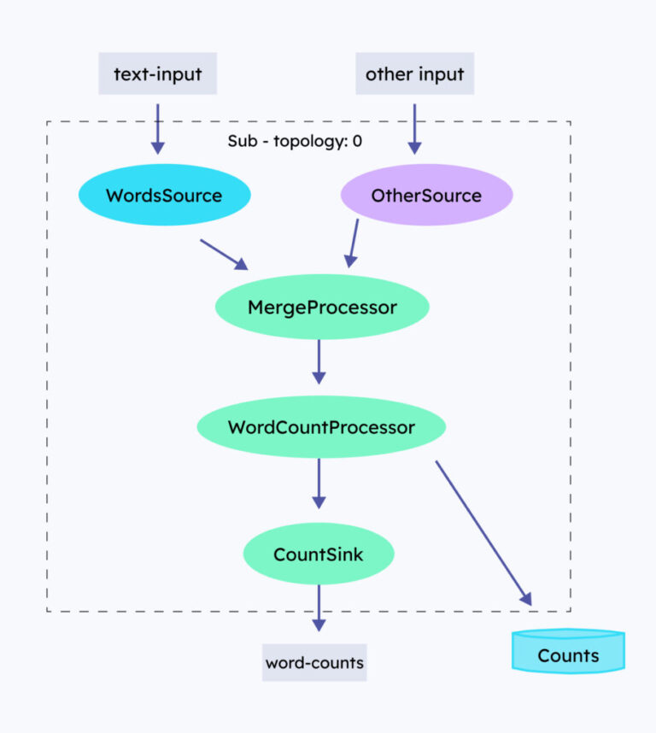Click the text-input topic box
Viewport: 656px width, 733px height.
157,73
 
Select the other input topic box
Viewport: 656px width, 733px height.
414,73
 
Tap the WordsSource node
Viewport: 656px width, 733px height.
164,196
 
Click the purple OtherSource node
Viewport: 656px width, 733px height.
426,196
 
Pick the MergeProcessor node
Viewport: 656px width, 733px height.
322,307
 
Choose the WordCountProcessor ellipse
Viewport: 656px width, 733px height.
321,426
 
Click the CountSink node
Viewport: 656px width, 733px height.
319,554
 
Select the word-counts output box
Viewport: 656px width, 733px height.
314,662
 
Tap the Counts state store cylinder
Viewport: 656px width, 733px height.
568,655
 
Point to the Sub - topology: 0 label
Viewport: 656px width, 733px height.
295,141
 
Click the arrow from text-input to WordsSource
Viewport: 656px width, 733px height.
157,128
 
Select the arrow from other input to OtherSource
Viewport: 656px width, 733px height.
414,128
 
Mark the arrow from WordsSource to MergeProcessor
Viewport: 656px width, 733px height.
224,254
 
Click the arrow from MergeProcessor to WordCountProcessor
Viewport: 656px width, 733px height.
319,361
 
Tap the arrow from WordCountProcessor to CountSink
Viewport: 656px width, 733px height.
319,483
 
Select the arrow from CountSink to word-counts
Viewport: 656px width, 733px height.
319,607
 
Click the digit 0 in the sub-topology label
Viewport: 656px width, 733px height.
357,141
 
